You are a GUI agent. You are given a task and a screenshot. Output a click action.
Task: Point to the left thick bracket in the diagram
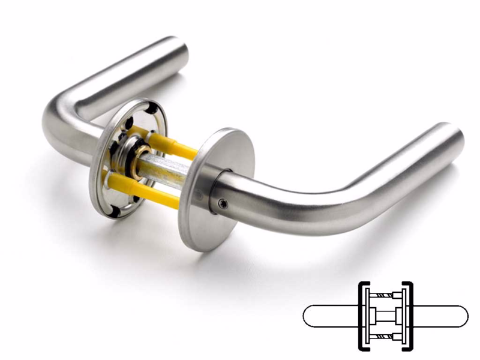(361, 316)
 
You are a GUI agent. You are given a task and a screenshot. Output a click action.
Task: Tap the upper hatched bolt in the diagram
(385, 295)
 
